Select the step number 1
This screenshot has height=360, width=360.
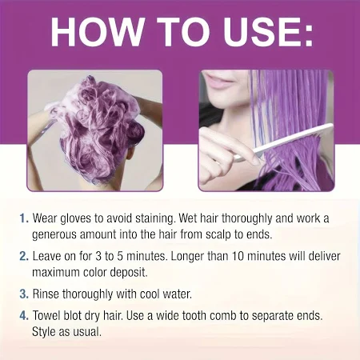coord(24,218)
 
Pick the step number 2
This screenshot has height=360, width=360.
coord(24,256)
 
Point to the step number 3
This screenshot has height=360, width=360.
coord(24,294)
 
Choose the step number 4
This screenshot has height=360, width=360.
coord(24,316)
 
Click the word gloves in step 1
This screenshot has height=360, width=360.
coord(76,218)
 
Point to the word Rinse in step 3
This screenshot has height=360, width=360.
coord(46,294)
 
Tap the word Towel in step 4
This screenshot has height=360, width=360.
coord(46,316)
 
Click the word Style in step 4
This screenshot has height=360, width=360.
coord(44,332)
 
